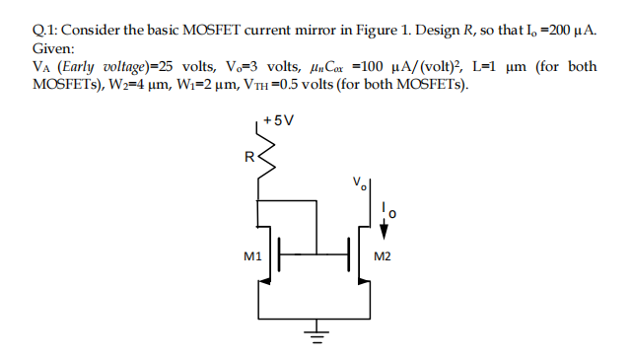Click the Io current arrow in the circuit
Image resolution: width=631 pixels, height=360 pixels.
coord(386,221)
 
